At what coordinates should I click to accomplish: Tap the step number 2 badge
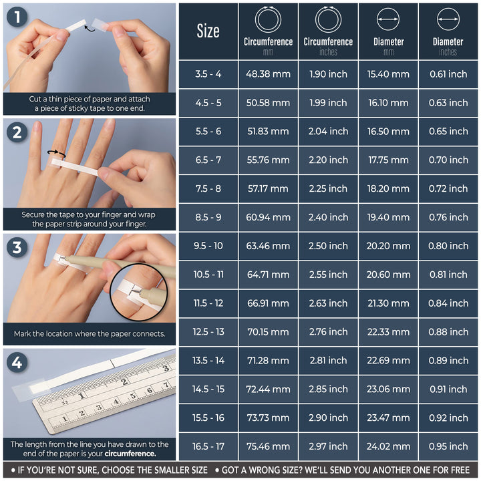[x=17, y=132]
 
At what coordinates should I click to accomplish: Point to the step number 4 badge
[x=17, y=363]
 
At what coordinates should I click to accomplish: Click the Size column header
[x=208, y=31]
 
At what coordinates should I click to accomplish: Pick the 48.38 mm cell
[x=268, y=74]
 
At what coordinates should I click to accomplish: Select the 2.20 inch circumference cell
[x=328, y=160]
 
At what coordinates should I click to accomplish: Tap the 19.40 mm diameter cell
[x=388, y=217]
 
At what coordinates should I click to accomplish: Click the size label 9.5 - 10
[x=208, y=246]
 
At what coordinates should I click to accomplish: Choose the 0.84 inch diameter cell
[x=448, y=303]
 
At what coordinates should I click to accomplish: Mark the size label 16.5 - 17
[x=208, y=446]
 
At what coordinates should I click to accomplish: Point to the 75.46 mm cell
[x=268, y=446]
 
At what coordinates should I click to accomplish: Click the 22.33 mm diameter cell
[x=388, y=332]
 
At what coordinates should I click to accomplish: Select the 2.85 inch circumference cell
[x=328, y=389]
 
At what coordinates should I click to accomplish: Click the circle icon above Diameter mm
[x=388, y=19]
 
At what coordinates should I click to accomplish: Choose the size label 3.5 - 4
[x=208, y=74]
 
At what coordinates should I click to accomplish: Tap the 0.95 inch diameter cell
[x=448, y=446]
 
